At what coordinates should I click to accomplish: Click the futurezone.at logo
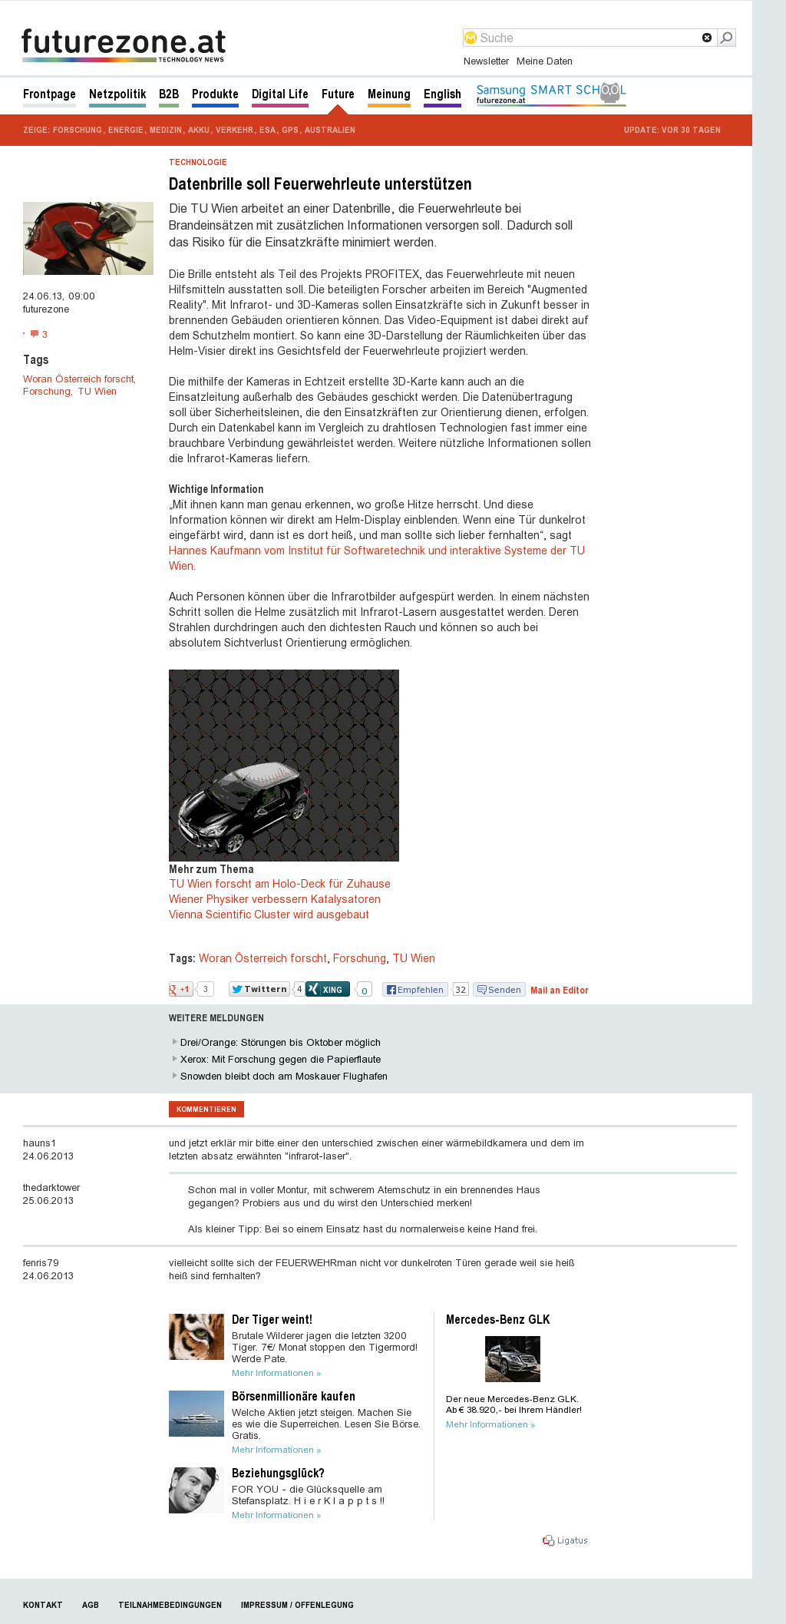(124, 45)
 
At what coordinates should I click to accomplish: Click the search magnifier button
(726, 38)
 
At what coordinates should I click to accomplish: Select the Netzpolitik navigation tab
(117, 94)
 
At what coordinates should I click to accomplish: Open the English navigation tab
(442, 94)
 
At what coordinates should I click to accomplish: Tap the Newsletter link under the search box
(486, 61)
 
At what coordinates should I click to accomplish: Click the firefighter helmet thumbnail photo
(88, 238)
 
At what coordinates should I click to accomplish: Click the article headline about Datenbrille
(320, 184)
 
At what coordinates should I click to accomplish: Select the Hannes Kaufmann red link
(376, 551)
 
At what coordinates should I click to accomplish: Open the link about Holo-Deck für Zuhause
(279, 884)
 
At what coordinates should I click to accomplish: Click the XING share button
(328, 989)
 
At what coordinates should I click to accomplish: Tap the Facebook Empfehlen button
(415, 990)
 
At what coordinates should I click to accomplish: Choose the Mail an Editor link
(559, 991)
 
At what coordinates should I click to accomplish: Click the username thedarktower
(51, 1188)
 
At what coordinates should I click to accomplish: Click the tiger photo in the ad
(196, 1337)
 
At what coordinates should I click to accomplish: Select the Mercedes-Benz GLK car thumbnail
(513, 1358)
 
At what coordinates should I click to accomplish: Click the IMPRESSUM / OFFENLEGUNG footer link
(297, 1605)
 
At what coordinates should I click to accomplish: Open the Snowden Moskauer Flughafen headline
(283, 1077)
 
